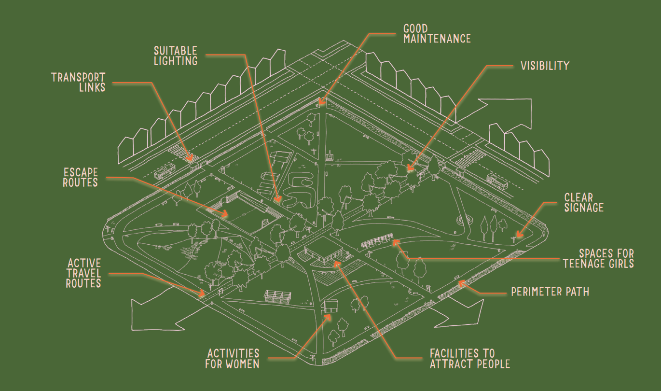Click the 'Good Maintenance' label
[437, 34]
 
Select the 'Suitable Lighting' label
[176, 56]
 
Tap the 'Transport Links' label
[79, 82]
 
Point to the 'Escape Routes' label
[80, 177]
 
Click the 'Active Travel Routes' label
[84, 273]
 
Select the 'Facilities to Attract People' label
[469, 359]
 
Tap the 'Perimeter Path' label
[550, 292]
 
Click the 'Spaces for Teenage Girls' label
[598, 258]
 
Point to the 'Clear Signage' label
[584, 203]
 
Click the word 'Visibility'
[545, 66]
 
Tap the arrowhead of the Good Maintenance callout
[322, 102]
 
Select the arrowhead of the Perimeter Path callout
[462, 284]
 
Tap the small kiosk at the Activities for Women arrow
[330, 306]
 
